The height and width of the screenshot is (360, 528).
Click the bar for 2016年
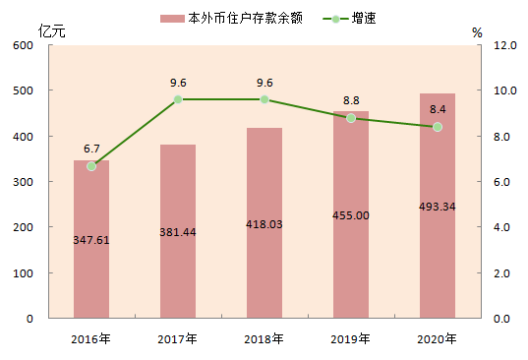point(91,239)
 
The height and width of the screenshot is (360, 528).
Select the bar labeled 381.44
point(178,231)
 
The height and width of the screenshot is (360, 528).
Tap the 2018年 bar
point(264,223)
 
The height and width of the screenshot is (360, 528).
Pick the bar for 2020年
point(438,206)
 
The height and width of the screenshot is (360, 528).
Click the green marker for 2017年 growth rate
point(178,99)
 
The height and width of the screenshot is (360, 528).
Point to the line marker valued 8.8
point(351,118)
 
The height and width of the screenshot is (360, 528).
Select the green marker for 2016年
point(91,166)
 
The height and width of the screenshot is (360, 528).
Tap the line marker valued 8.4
point(438,127)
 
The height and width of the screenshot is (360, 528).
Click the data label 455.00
point(351,215)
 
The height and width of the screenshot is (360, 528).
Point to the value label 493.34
point(438,207)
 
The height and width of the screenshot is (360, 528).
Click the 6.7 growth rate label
point(91,149)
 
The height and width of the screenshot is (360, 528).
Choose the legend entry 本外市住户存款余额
point(231,18)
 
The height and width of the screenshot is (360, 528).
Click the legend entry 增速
point(349,18)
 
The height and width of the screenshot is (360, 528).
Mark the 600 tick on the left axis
point(23,45)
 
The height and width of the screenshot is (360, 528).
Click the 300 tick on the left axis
point(23,182)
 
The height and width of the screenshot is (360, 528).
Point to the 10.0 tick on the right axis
point(504,90)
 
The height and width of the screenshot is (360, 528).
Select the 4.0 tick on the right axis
point(501,227)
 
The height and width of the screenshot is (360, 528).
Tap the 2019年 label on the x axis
point(350,338)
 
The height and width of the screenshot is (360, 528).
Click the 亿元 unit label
point(51,30)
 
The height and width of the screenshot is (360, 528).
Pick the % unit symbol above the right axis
point(477,32)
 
